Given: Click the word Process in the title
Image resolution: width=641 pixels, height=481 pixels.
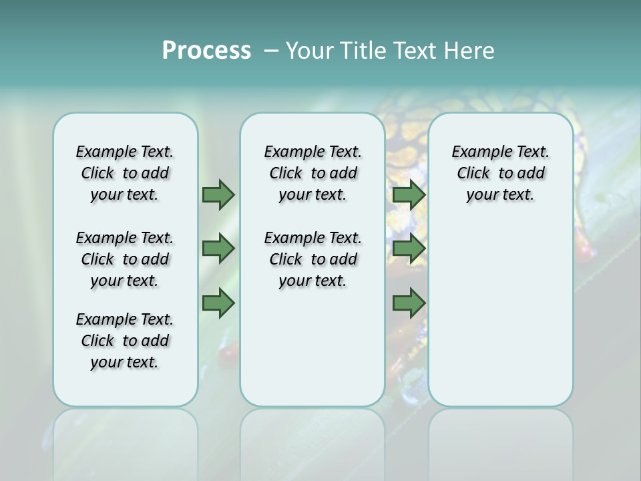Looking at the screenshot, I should tap(206, 50).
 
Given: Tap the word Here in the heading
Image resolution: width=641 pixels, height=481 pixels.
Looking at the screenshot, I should tap(469, 51).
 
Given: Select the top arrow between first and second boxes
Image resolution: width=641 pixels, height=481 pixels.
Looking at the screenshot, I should tap(218, 194).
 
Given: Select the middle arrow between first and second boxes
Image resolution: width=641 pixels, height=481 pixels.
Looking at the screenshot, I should tap(218, 249).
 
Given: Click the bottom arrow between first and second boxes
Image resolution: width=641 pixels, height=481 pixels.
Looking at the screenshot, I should tap(218, 303).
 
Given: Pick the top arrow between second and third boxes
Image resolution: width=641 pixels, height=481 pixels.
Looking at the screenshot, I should tap(409, 194).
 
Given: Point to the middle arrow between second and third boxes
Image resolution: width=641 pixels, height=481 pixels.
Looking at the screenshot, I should tap(409, 249).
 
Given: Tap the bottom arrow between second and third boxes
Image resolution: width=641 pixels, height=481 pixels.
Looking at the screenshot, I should tap(409, 303).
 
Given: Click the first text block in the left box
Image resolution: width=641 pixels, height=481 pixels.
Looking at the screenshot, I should tap(125, 173).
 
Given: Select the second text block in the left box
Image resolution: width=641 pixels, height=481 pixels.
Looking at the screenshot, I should tap(125, 259).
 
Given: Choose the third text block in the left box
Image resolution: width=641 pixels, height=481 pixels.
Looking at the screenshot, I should tap(125, 341).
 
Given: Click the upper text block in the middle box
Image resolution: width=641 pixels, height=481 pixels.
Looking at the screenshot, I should tap(312, 173).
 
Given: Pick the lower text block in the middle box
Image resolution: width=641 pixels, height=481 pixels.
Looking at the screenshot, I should tap(312, 259).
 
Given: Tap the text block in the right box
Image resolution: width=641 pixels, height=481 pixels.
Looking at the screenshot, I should tap(501, 173).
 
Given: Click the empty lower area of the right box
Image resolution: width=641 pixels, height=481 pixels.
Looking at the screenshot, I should tap(501, 314).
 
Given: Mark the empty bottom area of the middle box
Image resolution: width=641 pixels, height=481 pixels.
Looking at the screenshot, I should tap(312, 354).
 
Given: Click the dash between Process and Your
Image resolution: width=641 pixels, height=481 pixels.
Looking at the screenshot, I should tap(271, 51).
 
